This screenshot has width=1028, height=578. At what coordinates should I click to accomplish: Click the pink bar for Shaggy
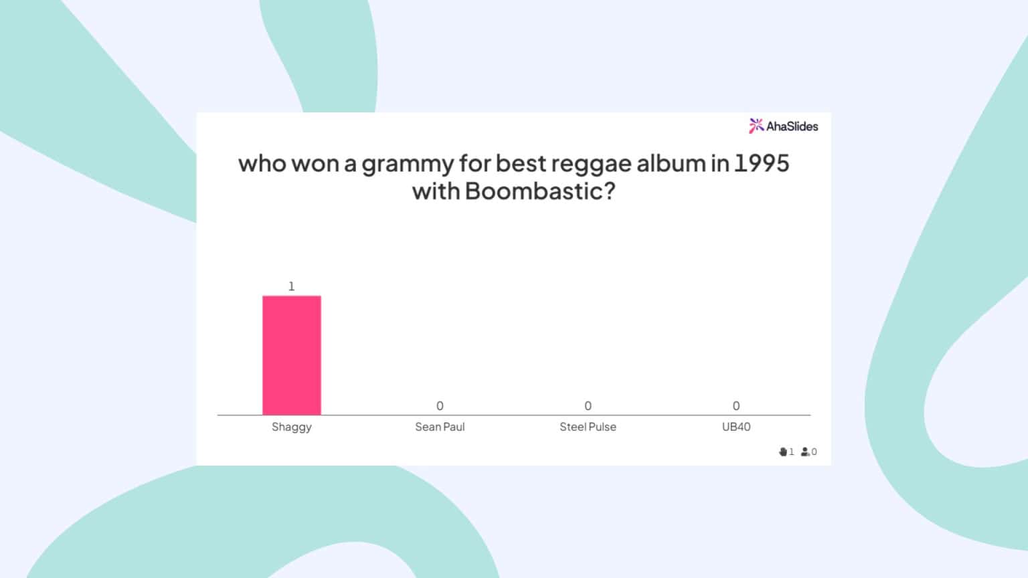coord(291,355)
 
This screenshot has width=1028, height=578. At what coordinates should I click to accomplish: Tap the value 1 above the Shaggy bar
coord(291,286)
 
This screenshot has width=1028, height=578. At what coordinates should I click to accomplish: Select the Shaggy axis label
coord(291,427)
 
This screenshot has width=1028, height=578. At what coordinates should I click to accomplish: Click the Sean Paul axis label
coord(440,427)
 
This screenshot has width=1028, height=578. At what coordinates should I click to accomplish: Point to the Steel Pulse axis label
coord(588,427)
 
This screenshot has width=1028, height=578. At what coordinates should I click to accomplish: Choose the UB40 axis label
coord(736,427)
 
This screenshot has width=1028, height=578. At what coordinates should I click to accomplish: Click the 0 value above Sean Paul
coord(440,406)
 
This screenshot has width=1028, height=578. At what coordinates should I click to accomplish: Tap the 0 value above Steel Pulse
coord(588,406)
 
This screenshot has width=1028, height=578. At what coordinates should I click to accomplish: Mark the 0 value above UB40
coord(736,406)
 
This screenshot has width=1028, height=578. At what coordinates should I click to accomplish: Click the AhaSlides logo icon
coord(756,126)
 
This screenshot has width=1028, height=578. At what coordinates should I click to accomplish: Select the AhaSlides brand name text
coord(792,126)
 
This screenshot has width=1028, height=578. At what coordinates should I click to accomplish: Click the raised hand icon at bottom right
coord(783,452)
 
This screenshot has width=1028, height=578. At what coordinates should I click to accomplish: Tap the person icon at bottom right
coord(805,452)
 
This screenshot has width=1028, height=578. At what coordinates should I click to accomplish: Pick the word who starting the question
coord(262,163)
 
